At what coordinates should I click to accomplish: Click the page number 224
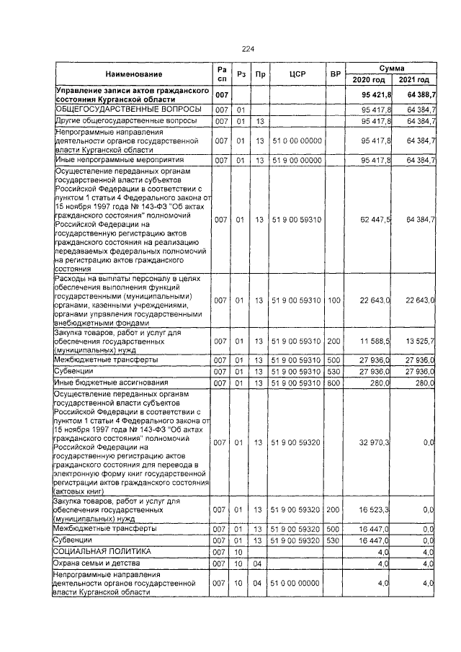point(249,49)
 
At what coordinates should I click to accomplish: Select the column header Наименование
point(133,74)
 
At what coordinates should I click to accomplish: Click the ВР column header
point(334,74)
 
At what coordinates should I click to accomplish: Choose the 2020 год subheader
point(368,80)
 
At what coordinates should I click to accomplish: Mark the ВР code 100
point(334,300)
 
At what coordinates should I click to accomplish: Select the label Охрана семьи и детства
point(101,562)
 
